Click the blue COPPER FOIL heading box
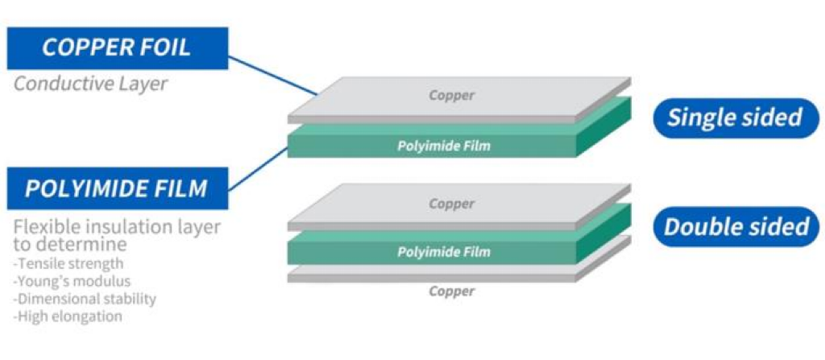pos(117,48)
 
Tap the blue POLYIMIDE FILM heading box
pos(117,189)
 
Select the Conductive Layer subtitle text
pos(90,84)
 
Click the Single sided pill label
pos(735,118)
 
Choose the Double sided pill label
pos(736,226)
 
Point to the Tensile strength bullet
pos(69,263)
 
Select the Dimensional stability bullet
pos(85,299)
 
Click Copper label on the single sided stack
pos(452,96)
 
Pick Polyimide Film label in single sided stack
pos(444,146)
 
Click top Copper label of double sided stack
pos(452,205)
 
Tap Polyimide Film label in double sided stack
pos(444,252)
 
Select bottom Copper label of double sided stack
pos(452,291)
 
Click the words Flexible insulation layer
pos(117,227)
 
